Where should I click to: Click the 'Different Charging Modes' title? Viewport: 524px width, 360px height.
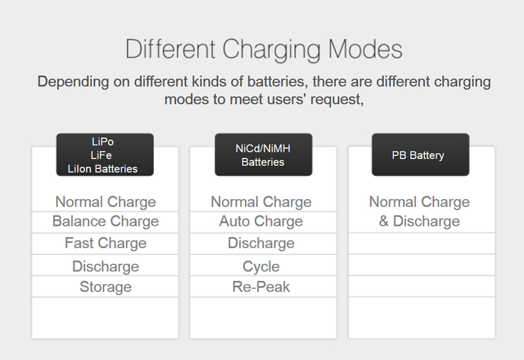click(x=264, y=50)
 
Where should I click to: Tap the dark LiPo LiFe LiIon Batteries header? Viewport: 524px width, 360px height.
click(x=105, y=154)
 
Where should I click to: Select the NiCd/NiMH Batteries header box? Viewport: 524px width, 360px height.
click(x=263, y=154)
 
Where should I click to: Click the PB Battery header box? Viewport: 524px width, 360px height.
click(x=421, y=154)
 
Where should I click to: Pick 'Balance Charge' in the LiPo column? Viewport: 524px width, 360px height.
click(x=105, y=221)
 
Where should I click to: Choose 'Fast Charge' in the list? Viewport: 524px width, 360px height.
click(x=105, y=243)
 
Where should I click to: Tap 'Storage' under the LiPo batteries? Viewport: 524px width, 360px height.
click(x=105, y=287)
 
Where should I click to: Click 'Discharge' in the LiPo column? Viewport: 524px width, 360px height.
click(x=105, y=266)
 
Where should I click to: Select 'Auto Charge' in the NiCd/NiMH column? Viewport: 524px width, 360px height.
click(x=261, y=221)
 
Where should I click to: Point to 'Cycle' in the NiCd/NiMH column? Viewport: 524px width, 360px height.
click(x=261, y=266)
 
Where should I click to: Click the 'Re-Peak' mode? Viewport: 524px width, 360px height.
click(x=261, y=287)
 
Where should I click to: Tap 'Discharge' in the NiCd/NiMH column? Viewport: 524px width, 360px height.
click(x=261, y=243)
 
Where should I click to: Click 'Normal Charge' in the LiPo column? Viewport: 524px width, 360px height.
click(x=105, y=202)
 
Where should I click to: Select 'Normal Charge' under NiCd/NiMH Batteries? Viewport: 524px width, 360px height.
click(x=261, y=202)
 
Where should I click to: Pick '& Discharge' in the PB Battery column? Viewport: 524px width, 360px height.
click(x=419, y=221)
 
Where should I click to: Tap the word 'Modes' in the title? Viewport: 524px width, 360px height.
click(x=365, y=50)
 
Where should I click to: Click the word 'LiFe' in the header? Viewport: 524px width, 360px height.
click(x=101, y=155)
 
